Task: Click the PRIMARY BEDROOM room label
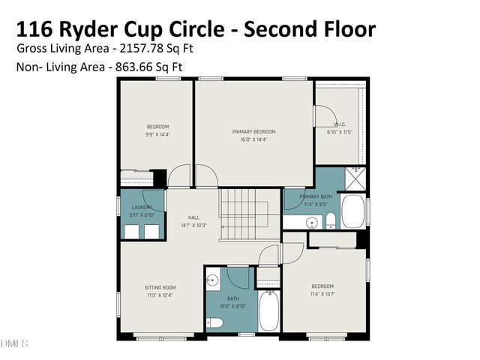pyautogui.click(x=253, y=131)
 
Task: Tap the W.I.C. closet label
pyautogui.click(x=340, y=124)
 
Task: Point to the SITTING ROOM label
pyautogui.click(x=160, y=287)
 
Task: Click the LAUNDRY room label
pyautogui.click(x=142, y=207)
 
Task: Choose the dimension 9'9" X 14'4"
pyautogui.click(x=157, y=134)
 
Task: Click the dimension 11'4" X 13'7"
pyautogui.click(x=322, y=294)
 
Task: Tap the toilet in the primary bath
pyautogui.click(x=330, y=220)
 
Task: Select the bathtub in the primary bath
pyautogui.click(x=352, y=211)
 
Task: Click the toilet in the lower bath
pyautogui.click(x=215, y=322)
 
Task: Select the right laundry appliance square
pyautogui.click(x=152, y=231)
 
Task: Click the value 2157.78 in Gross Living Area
pyautogui.click(x=137, y=48)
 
